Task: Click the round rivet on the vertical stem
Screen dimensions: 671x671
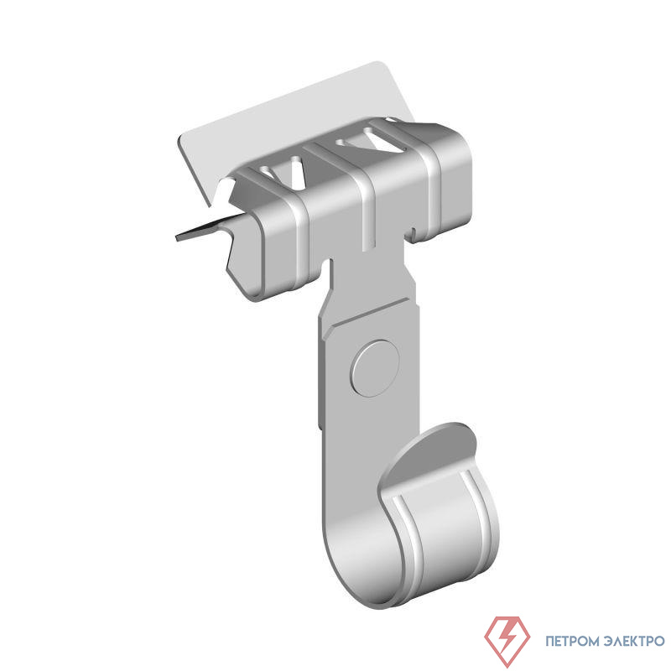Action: point(375,368)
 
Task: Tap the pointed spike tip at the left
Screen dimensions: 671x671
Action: point(177,238)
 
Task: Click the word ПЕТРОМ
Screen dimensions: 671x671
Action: point(572,641)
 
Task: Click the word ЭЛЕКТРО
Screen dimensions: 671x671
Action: point(635,641)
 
